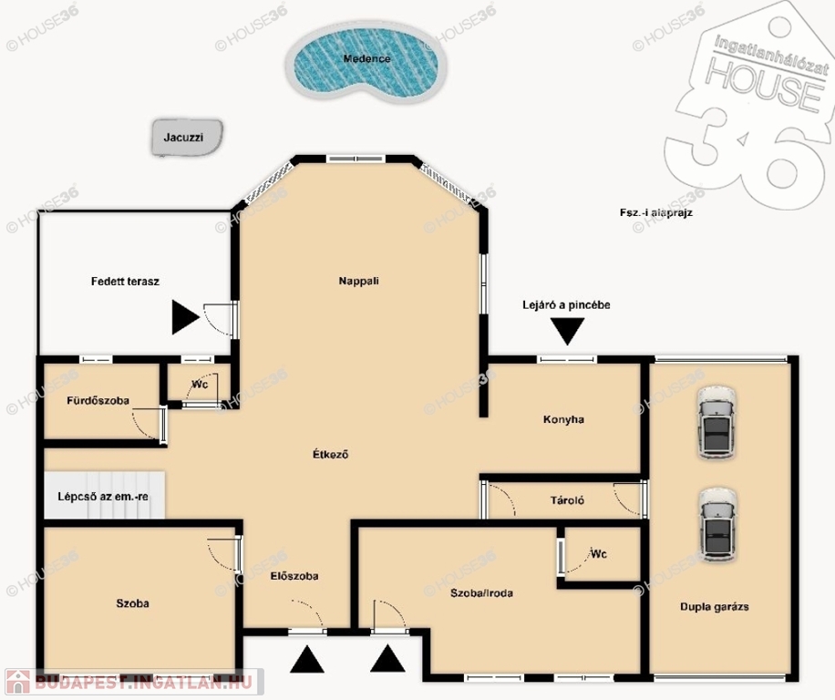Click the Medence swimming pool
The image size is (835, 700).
[x=366, y=62]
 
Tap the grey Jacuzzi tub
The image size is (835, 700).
[x=187, y=138]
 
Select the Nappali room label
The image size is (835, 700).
[x=359, y=281]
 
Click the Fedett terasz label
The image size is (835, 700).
[x=125, y=282]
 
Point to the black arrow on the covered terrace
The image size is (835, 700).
[x=185, y=317]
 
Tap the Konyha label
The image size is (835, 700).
[x=563, y=419]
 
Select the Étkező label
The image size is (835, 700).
[x=330, y=455]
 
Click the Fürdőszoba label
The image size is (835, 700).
[x=98, y=400]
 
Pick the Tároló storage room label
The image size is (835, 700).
[x=567, y=500]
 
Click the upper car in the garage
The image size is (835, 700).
[x=716, y=423]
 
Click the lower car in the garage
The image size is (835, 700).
[x=717, y=524]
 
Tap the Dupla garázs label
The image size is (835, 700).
[x=714, y=607]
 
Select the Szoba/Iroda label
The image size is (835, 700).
[x=481, y=593]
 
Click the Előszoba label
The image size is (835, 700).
[x=294, y=576]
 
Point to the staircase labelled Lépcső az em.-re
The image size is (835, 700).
[x=104, y=495]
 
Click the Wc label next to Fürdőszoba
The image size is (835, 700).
[x=200, y=385]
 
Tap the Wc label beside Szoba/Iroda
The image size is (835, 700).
[x=599, y=554]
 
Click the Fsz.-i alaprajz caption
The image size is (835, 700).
[x=656, y=212]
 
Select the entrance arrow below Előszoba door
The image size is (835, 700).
[x=306, y=660]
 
